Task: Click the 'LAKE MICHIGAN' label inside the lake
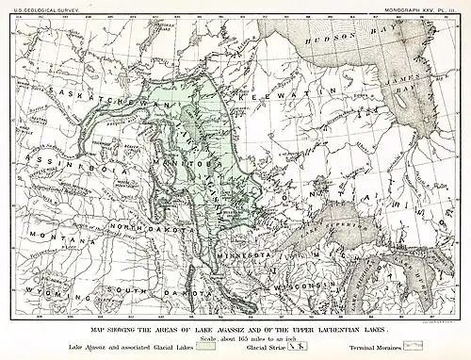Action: [362, 283]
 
